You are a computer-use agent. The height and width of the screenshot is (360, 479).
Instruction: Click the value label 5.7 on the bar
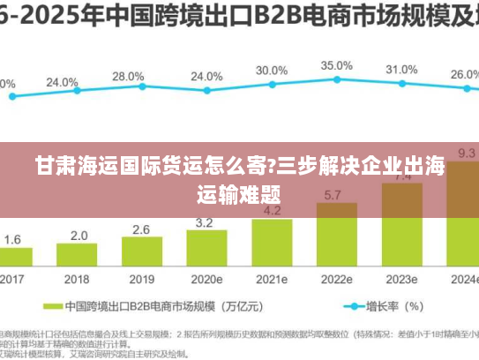(x=334, y=195)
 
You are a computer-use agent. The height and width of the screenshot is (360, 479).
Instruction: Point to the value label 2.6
(x=141, y=229)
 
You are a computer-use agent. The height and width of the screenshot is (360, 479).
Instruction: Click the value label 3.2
(x=205, y=222)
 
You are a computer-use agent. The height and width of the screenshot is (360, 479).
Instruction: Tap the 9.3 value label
(x=466, y=154)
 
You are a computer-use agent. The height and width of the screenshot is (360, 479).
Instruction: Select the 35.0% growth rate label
(x=336, y=65)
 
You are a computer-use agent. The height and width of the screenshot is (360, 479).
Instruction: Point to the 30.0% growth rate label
(x=272, y=71)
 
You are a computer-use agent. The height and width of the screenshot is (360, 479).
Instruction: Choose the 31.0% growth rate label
(x=401, y=69)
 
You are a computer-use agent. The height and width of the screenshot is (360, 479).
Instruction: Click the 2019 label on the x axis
(x=141, y=278)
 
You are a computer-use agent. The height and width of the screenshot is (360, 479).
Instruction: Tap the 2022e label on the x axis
(x=335, y=278)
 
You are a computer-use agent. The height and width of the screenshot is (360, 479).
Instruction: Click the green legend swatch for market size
(x=54, y=307)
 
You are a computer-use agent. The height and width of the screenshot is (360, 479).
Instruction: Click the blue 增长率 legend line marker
(x=356, y=307)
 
